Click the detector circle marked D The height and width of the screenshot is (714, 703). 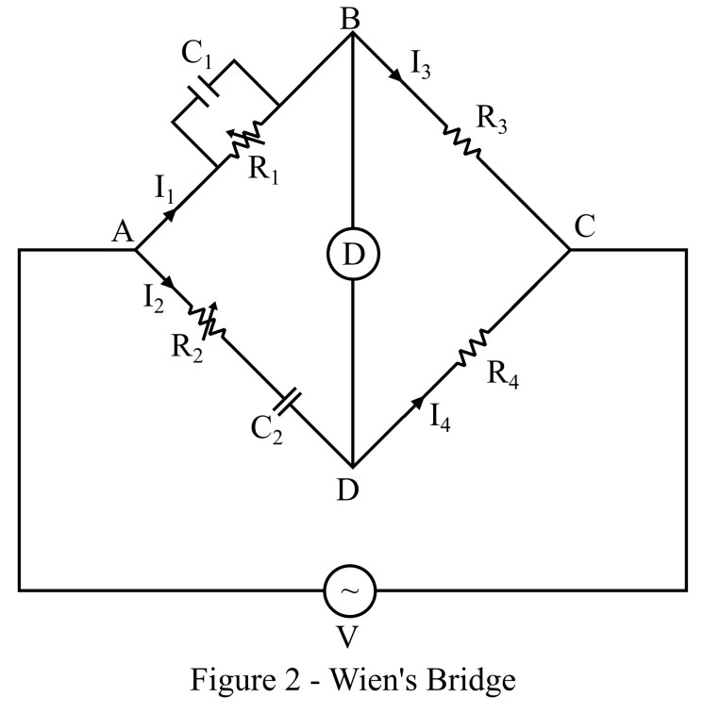351,253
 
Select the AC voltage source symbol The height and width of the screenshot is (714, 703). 350,590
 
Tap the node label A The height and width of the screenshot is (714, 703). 121,231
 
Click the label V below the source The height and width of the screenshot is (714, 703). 347,639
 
